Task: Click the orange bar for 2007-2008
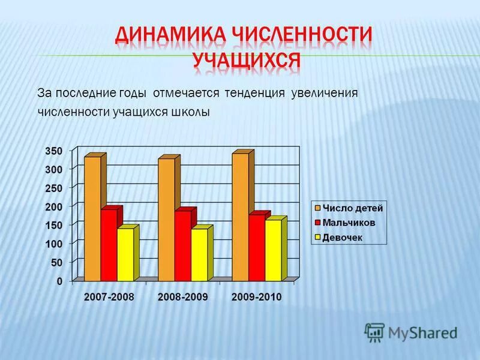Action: coord(92,218)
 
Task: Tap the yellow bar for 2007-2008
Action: coord(125,254)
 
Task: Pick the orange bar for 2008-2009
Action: coord(166,220)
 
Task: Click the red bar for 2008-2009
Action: coord(182,245)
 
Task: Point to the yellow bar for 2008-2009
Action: coord(199,254)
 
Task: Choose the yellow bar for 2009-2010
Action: coord(273,250)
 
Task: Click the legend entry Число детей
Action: coord(348,208)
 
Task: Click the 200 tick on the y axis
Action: coord(55,206)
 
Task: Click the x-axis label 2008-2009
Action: coord(182,298)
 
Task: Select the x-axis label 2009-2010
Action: coord(257,298)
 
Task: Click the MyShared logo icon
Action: coord(374,332)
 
